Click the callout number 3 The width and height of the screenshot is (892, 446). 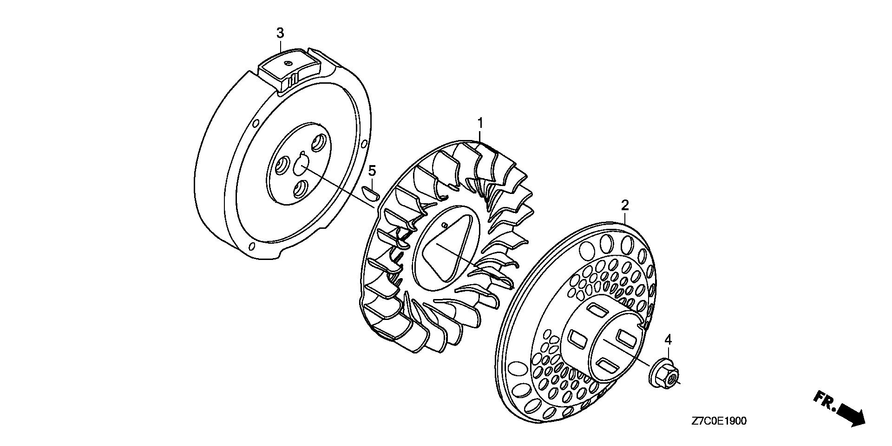coord(280,33)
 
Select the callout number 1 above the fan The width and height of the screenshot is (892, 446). coord(481,111)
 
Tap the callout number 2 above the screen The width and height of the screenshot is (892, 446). coord(625,205)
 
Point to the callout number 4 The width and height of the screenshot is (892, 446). coord(668,340)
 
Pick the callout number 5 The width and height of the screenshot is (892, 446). coord(372,171)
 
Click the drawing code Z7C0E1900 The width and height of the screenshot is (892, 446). coord(719,421)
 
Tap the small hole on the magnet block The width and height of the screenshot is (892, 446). coord(289,63)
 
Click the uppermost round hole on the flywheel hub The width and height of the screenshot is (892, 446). coord(319,142)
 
